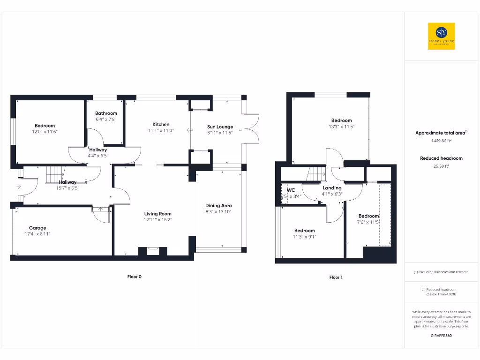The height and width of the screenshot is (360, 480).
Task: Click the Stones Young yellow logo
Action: coord(441,37)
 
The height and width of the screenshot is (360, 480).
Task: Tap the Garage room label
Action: coord(37,228)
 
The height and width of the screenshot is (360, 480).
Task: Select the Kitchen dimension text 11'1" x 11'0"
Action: coord(161,131)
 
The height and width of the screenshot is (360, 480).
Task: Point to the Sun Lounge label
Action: coord(220,127)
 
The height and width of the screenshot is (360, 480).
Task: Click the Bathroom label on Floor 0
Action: coord(106,113)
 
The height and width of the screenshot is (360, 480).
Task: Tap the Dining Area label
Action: coord(218,205)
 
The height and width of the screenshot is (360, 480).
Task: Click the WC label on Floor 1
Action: coord(291,190)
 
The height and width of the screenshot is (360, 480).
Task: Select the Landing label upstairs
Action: coord(332,187)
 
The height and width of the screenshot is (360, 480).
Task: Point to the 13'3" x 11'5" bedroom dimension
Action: coord(341,127)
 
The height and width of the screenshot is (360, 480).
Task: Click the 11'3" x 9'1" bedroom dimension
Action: coord(305,237)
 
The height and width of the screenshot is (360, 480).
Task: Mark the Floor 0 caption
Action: coord(134,277)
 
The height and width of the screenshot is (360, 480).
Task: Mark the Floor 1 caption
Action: coord(336,277)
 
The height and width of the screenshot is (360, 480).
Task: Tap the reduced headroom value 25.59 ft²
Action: coord(441,165)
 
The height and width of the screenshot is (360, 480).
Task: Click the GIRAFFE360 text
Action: coord(441,336)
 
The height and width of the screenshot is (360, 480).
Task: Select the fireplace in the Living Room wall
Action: coord(153,251)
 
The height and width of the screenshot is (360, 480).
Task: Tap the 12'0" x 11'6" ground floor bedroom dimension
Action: coord(45,132)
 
